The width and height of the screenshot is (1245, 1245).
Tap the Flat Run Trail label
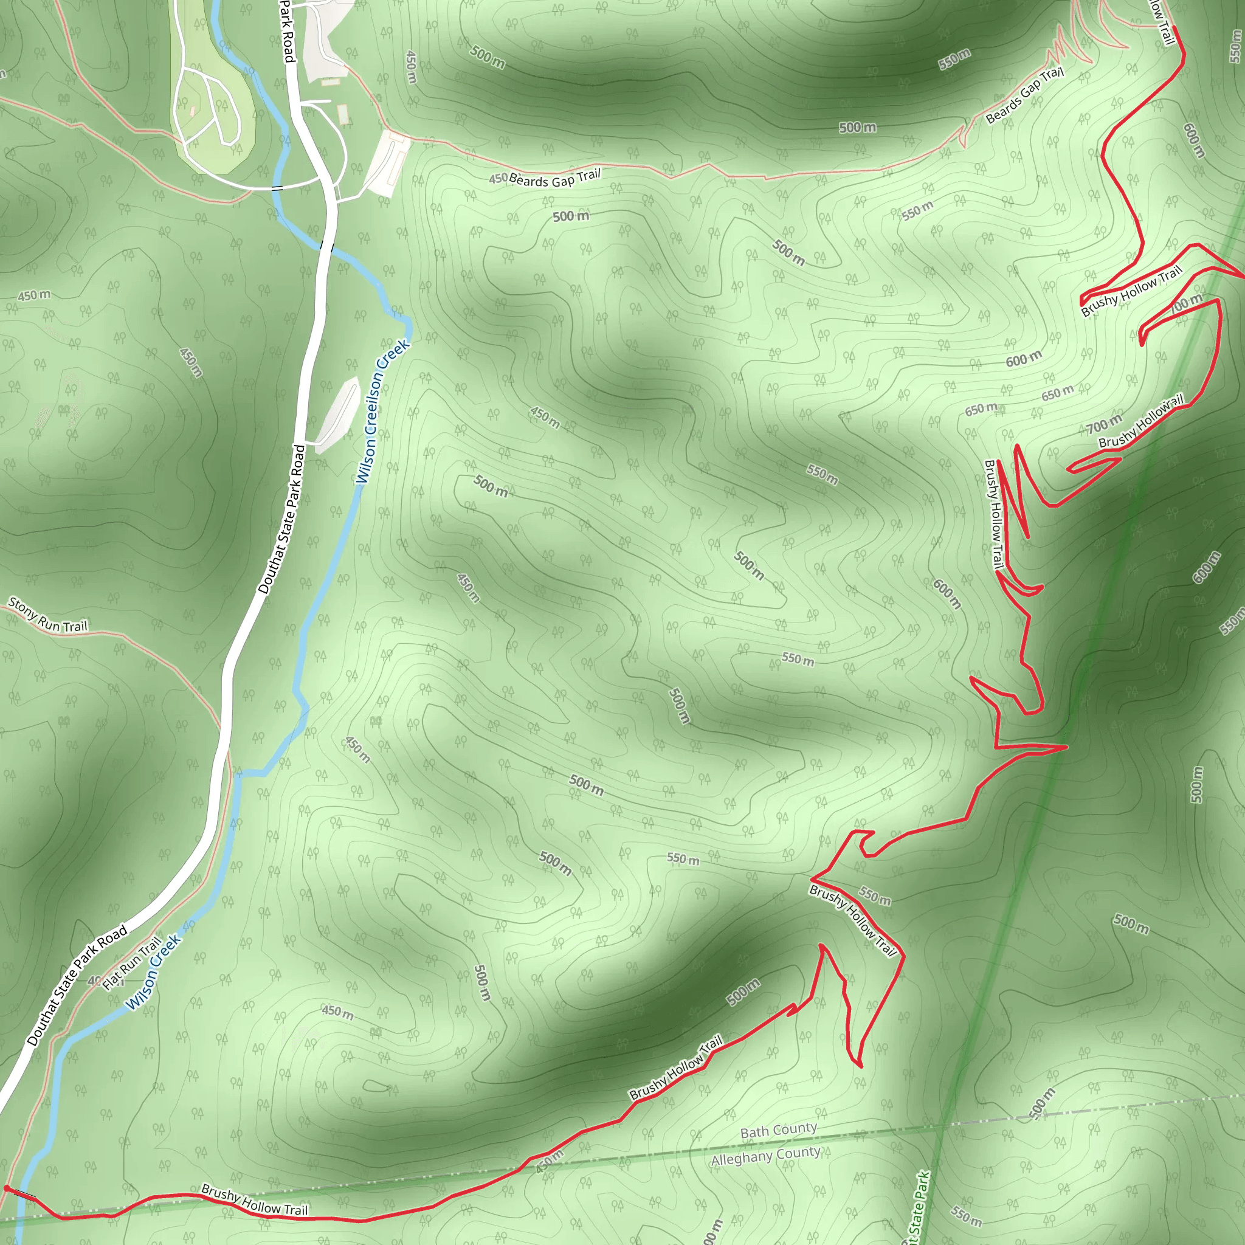point(132,964)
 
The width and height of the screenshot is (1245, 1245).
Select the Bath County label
point(779,1130)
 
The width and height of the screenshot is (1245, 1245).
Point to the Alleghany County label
point(765,1156)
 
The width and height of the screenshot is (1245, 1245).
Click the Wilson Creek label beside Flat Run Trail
point(153,973)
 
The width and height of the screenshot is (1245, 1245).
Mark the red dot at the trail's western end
point(7,1188)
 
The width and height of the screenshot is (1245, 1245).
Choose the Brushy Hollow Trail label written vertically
point(995,514)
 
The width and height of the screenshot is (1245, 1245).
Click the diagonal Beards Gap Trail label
point(1024,95)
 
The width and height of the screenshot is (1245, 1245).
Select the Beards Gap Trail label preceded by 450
point(554,178)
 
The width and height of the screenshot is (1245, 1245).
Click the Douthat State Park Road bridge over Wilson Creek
point(328,246)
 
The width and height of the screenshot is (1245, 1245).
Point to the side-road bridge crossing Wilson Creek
point(277,188)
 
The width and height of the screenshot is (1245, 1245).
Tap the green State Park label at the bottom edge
point(917,1209)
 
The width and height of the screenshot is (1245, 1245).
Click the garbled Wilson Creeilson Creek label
point(383,411)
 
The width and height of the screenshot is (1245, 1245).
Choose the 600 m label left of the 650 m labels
point(1024,359)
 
